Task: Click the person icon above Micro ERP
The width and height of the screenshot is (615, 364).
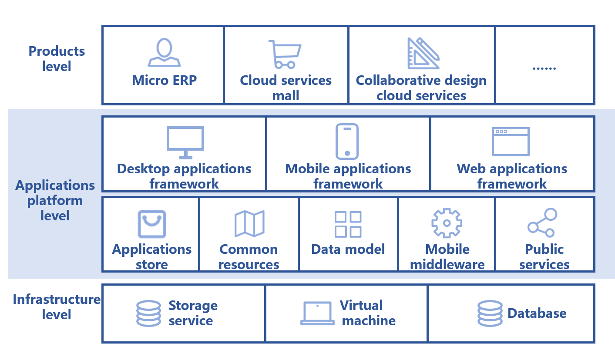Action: point(164,53)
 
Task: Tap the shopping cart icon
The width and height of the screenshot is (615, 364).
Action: point(285,54)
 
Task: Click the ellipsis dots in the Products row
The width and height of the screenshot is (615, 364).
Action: point(544,67)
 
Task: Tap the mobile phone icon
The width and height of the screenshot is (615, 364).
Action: point(347,142)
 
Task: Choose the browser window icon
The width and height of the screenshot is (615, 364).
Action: point(511,142)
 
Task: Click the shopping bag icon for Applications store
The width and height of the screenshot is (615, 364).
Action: point(152,224)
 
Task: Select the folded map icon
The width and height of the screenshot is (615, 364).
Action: point(249,224)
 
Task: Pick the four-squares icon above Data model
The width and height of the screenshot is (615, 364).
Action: point(348,224)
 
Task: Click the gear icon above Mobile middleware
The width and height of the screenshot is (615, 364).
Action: point(447,223)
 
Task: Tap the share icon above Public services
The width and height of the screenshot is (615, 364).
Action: point(542,222)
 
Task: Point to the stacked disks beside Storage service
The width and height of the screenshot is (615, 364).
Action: point(148,313)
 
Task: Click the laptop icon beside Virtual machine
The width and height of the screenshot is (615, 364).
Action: point(317,313)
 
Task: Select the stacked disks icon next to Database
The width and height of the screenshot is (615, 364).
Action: point(490,313)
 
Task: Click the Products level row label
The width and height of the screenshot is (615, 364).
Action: point(57,59)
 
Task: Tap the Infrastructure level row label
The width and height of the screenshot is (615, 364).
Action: point(56,307)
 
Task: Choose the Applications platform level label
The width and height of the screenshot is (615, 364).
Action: point(55,200)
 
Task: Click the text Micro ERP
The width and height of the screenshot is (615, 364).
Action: point(164,81)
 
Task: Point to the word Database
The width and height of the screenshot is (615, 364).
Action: point(537,313)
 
